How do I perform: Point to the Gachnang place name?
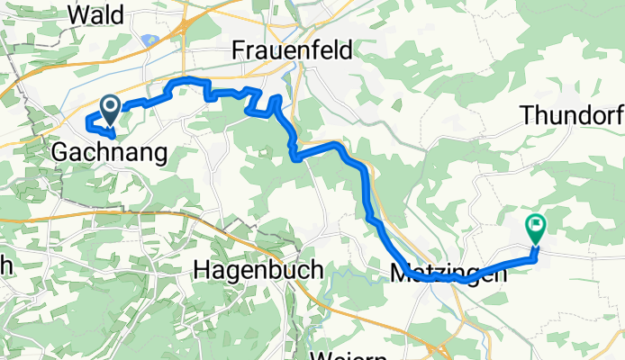tap(110, 152)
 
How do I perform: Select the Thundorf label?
tap(571, 117)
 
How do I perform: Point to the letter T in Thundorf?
tap(527, 117)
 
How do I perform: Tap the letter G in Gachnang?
tap(59, 152)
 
